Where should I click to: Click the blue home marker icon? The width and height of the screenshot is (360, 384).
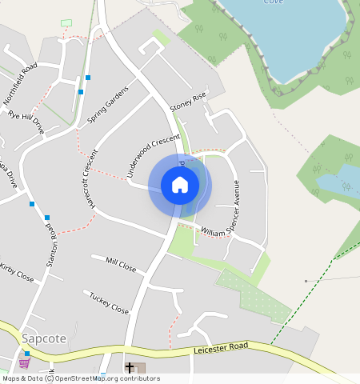180,186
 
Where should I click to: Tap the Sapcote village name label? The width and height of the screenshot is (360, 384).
44,338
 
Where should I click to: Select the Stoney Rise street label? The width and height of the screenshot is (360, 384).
188,102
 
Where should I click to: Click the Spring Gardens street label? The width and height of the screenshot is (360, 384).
107,106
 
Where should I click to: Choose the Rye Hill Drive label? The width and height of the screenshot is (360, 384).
26,122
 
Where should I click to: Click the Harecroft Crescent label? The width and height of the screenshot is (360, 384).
89,178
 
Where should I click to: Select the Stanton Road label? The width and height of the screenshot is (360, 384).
54,250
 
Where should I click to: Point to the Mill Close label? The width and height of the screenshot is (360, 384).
121,264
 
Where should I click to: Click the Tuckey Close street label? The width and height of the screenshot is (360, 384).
109,302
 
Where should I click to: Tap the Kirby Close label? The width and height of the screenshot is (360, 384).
16,272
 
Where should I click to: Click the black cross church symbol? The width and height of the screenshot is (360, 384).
129,368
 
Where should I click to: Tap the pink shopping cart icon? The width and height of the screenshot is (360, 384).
24,363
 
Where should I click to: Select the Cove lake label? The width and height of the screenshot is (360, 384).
275,2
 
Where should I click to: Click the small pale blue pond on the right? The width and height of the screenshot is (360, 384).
334,182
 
